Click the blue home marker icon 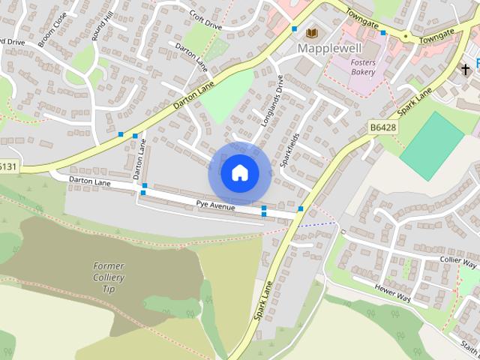[239, 173]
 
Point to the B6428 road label [382, 129]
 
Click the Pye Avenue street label [215, 205]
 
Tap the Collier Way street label [457, 262]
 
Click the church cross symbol [465, 70]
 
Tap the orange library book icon [311, 32]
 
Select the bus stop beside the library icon [295, 29]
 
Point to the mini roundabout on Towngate [406, 36]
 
